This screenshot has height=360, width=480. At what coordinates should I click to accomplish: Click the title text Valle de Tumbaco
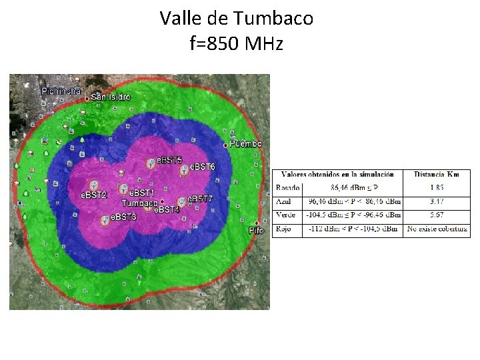tap(236, 19)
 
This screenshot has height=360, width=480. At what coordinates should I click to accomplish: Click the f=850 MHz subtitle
tap(236, 44)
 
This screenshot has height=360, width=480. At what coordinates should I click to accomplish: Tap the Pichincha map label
tap(61, 91)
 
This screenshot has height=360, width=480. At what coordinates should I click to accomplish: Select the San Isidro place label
tap(111, 97)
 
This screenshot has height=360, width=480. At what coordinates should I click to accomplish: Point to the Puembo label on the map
tap(246, 144)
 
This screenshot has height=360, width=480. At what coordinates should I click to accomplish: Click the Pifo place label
tap(257, 230)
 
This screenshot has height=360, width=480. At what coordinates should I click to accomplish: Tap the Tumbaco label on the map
tap(139, 203)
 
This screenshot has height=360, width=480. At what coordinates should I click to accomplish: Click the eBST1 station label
tap(141, 193)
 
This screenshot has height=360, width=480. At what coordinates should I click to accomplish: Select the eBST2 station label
tap(94, 195)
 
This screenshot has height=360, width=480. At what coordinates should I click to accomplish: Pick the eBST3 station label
tap(123, 217)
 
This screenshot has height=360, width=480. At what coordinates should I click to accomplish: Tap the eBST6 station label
tap(203, 166)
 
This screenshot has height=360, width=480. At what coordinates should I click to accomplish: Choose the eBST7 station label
tap(199, 199)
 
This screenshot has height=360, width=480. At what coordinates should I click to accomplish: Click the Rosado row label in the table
tap(288, 188)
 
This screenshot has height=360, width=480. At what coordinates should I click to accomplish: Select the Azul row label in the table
tap(283, 201)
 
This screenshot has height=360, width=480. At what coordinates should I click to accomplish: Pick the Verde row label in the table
tap(286, 215)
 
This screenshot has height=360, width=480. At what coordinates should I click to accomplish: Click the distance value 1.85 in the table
tap(437, 188)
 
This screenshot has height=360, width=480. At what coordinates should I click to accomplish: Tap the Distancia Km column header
tap(437, 175)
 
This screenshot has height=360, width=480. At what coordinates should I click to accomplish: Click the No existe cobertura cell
tap(437, 229)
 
